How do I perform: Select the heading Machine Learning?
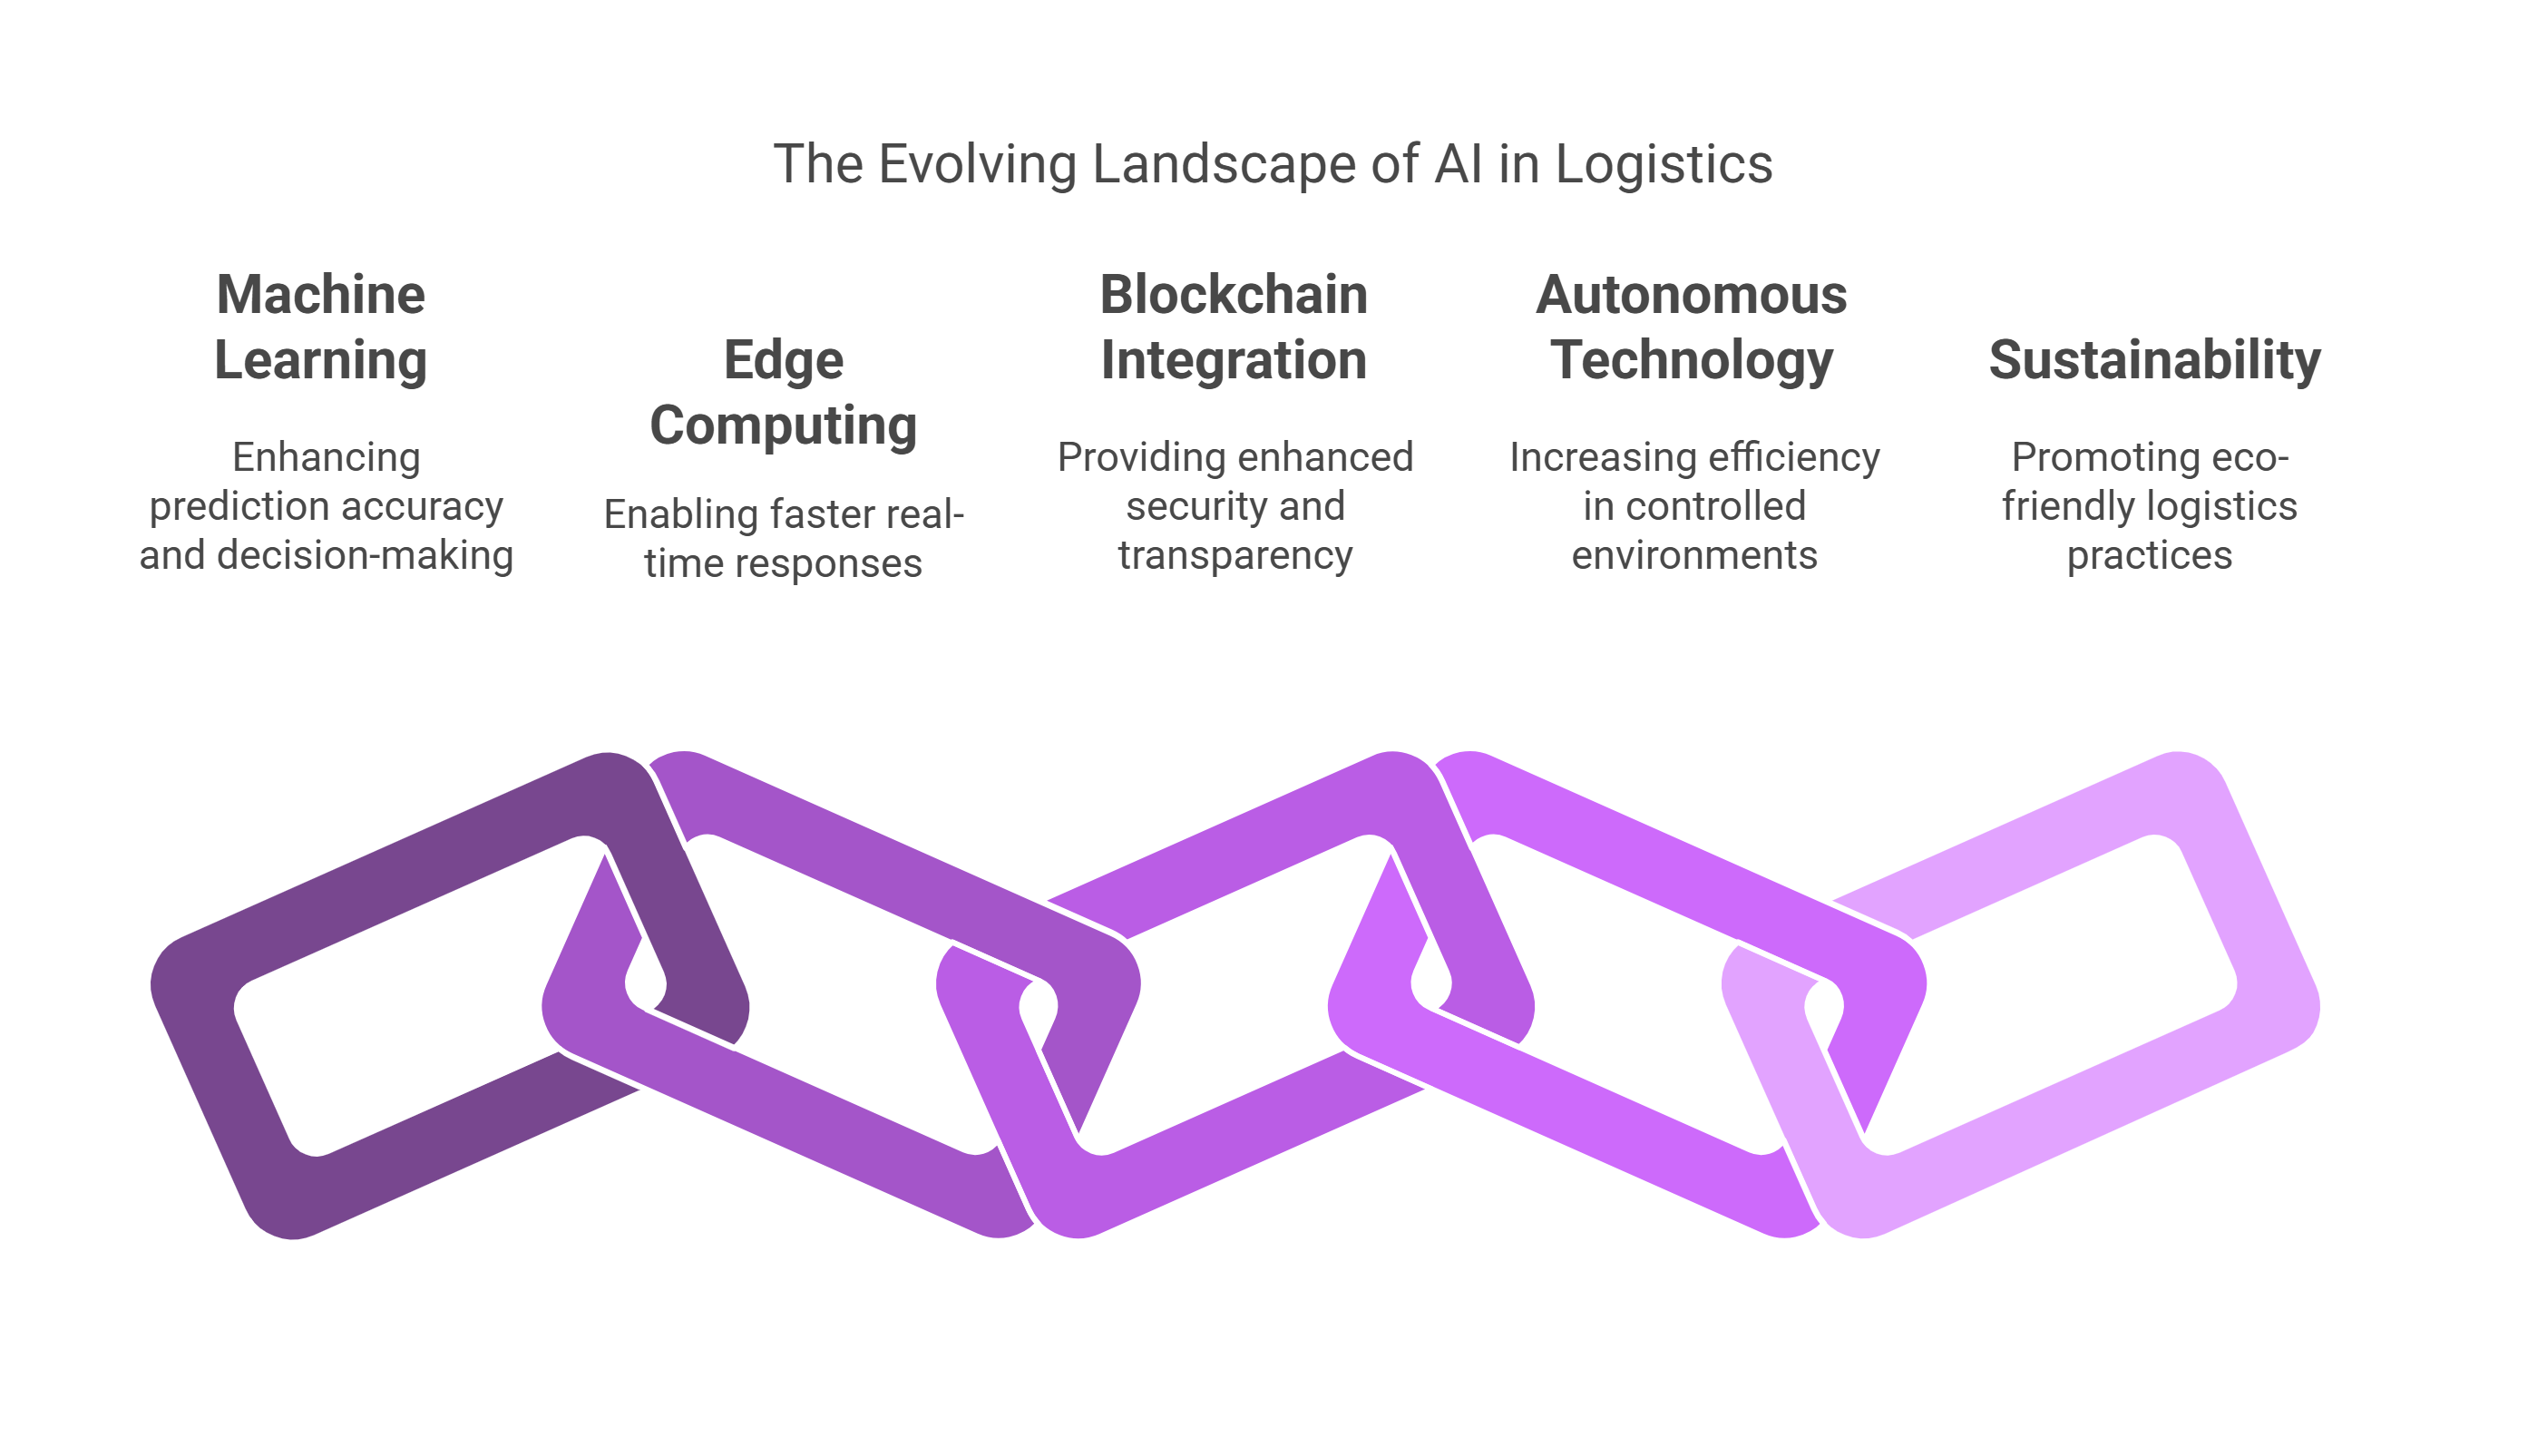pyautogui.click(x=320, y=327)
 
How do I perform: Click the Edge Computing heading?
pyautogui.click(x=783, y=392)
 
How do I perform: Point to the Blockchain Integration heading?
pyautogui.click(x=1234, y=327)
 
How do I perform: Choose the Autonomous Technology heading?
pyautogui.click(x=1692, y=327)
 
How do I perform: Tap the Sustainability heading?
pyautogui.click(x=2154, y=360)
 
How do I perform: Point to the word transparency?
pyautogui.click(x=1234, y=555)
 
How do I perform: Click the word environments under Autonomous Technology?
pyautogui.click(x=1693, y=555)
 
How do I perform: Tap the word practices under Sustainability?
pyautogui.click(x=2150, y=555)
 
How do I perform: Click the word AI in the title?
pyautogui.click(x=1458, y=164)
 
